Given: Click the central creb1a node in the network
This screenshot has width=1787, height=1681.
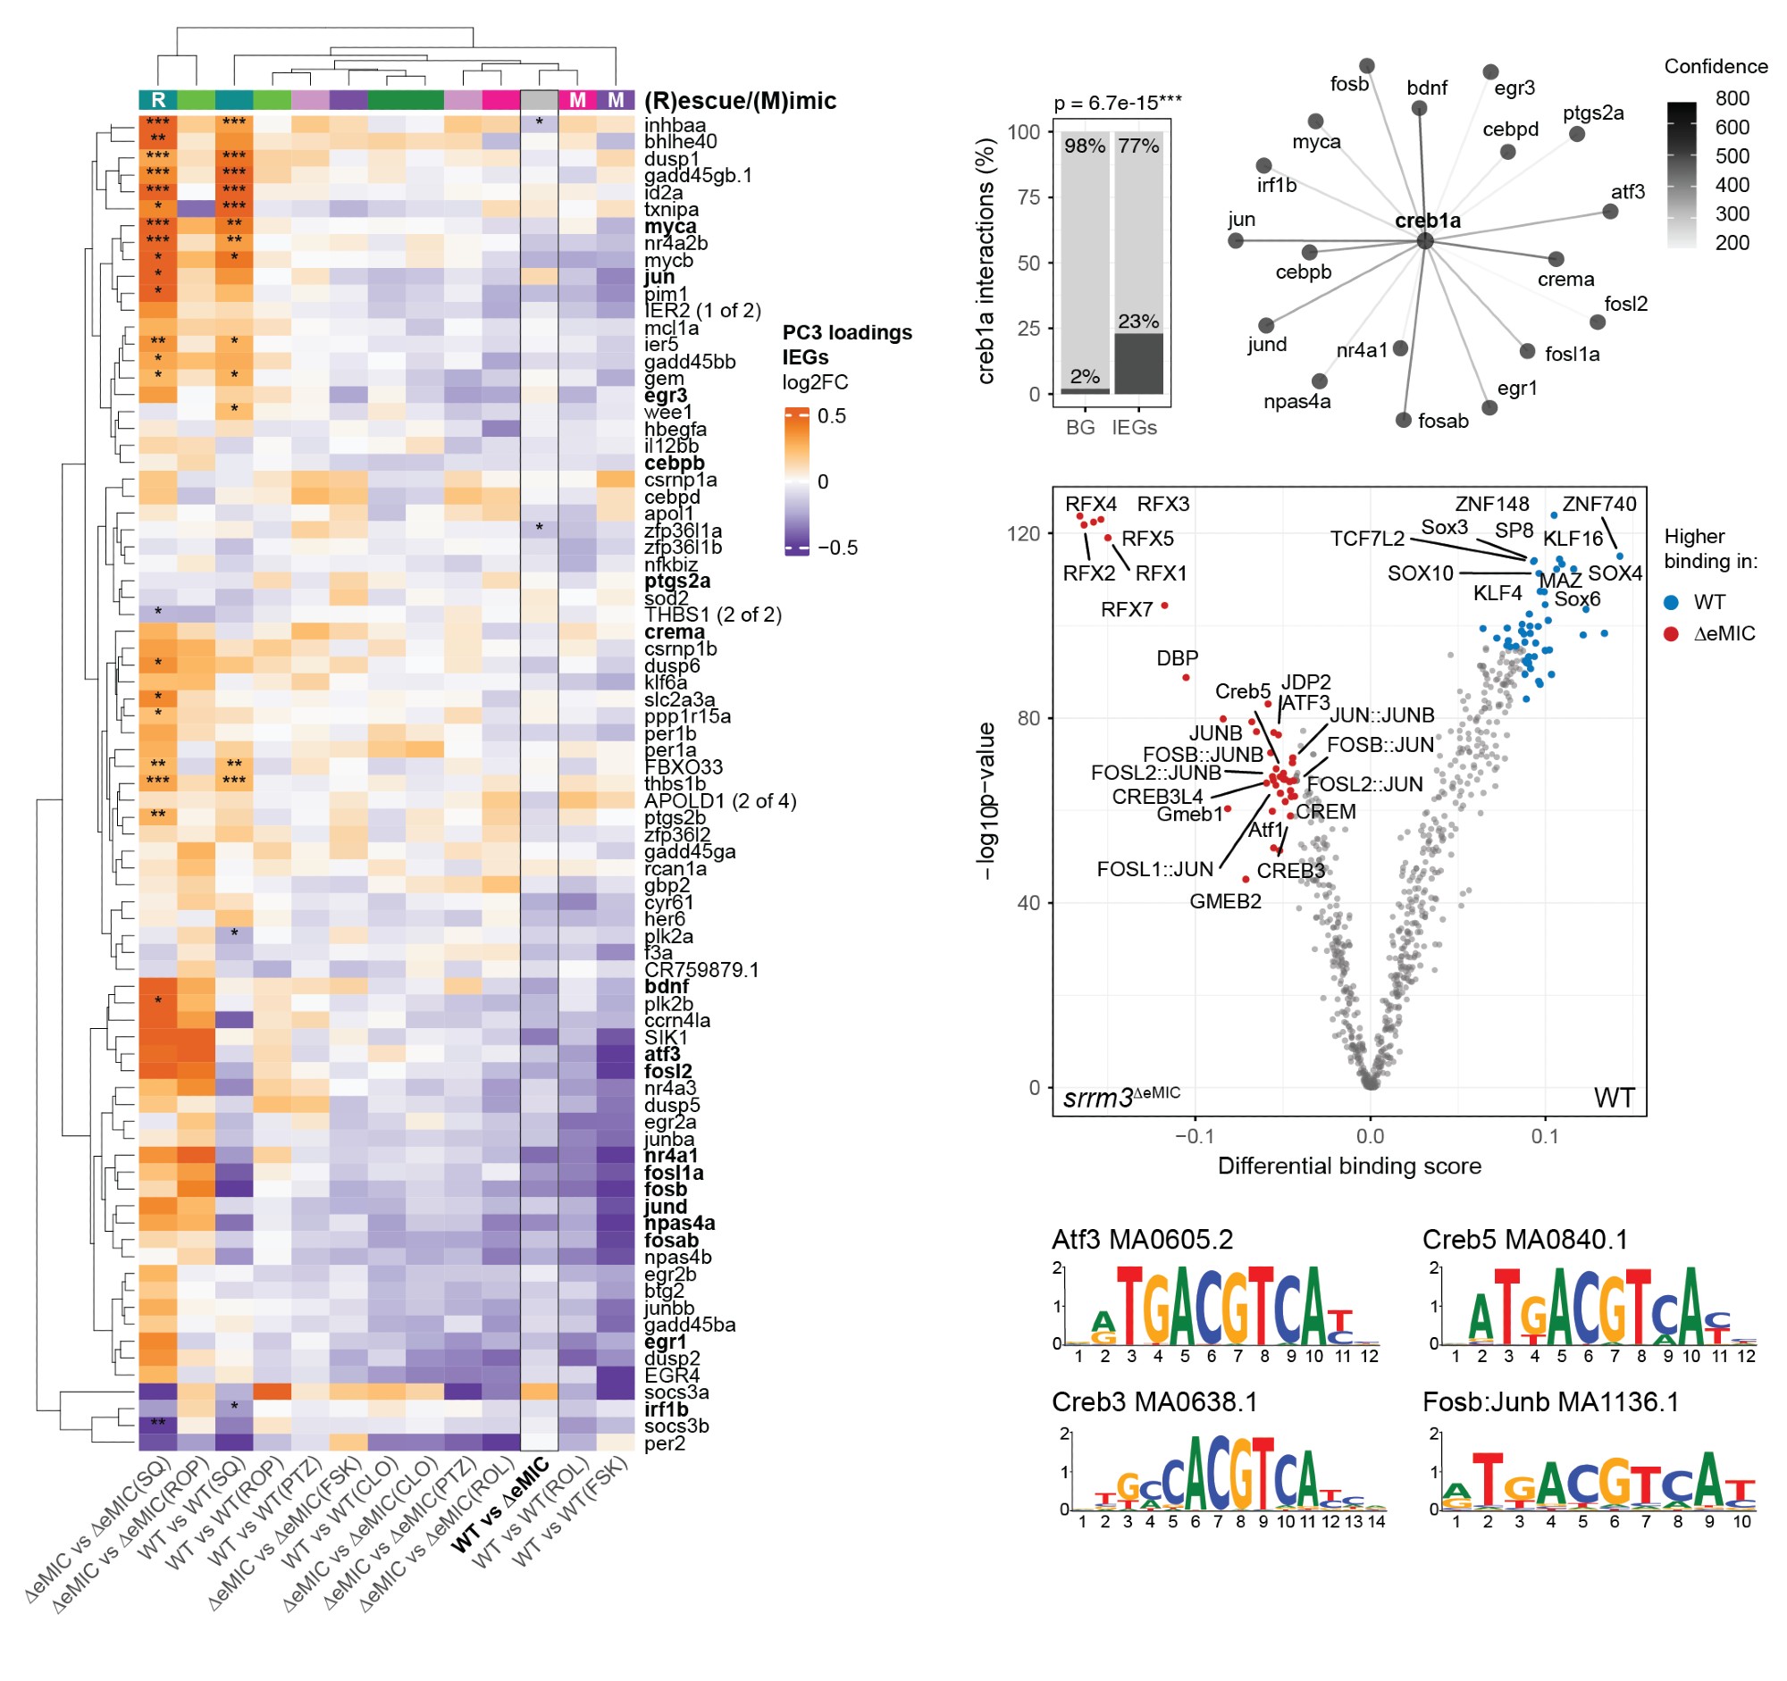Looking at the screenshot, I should coord(1425,240).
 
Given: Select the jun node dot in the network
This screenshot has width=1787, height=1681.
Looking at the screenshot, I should coord(1236,241).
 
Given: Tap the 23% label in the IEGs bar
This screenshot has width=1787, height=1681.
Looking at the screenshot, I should coord(1138,322).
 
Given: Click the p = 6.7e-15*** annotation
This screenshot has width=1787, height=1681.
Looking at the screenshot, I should coord(1118,104).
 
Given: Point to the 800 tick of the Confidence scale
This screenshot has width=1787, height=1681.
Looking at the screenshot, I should coord(1732,98).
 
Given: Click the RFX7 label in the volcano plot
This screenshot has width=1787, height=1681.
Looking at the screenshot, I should coord(1127,610).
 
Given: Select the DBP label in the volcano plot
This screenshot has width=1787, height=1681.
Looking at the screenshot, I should coord(1177,658).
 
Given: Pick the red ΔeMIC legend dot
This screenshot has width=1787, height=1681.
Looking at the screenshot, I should coord(1671,634).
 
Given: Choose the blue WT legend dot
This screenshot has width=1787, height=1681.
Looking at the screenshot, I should coord(1671,602).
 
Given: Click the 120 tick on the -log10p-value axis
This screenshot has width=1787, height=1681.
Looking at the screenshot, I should coord(1023,533).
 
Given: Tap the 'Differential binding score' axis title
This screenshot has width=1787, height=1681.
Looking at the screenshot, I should coord(1349,1167).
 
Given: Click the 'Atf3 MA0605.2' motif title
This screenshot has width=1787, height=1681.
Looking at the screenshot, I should coord(1143,1240).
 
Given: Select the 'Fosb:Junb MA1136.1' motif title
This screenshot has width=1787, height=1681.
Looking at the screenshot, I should coord(1550,1402).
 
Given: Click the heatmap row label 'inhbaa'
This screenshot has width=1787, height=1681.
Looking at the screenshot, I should coord(675,126).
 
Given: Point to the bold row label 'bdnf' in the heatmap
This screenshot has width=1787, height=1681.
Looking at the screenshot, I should coord(666,986).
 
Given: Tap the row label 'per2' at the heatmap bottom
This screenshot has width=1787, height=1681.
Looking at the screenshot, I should coord(664,1443).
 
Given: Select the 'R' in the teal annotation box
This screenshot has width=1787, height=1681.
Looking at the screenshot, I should coord(158,100).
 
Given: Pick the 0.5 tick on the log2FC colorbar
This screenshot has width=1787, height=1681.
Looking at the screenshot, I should coord(832,416).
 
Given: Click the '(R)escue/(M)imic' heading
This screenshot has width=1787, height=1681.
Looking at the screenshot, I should coord(740,101).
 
